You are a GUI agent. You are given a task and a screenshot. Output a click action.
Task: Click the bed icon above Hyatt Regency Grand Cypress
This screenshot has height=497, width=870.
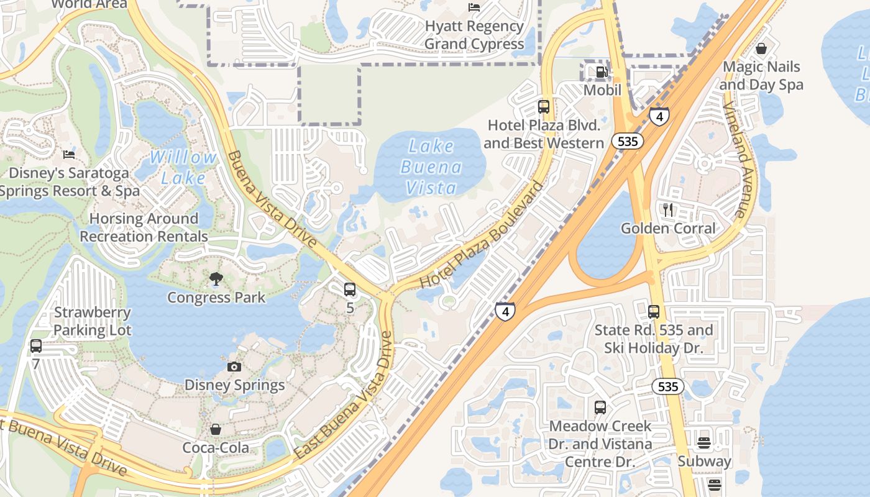tap(474, 7)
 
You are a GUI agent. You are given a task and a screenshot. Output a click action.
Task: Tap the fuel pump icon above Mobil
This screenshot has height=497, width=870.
tap(602, 72)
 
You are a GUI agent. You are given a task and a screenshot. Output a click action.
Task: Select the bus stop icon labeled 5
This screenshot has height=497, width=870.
tap(350, 289)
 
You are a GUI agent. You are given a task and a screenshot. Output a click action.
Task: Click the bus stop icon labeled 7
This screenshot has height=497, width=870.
tap(36, 346)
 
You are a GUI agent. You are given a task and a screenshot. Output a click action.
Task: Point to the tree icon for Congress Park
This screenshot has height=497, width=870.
tap(216, 279)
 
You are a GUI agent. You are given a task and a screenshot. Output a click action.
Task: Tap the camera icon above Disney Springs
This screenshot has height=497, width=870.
tap(234, 367)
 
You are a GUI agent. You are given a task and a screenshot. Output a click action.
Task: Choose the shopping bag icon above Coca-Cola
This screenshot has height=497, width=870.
tap(215, 429)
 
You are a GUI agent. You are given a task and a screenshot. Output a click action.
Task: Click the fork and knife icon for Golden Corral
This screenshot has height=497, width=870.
tap(668, 209)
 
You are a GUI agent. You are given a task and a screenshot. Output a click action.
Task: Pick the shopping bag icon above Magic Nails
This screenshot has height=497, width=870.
tap(761, 48)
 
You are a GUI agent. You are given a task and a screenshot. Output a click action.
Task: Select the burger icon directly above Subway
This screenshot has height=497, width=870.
tap(704, 442)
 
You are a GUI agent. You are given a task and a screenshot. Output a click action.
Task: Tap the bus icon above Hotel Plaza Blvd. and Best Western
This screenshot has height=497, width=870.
tap(544, 106)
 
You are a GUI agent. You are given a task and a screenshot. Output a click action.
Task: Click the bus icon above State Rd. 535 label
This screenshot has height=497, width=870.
tap(654, 312)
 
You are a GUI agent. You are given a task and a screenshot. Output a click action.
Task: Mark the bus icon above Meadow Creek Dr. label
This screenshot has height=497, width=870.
tap(600, 408)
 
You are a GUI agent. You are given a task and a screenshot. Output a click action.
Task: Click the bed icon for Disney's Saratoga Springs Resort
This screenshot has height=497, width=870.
tap(69, 155)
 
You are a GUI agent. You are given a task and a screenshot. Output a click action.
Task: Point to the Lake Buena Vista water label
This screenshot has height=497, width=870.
tap(431, 166)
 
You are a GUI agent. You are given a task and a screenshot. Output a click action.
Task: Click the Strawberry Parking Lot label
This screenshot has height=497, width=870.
tap(93, 321)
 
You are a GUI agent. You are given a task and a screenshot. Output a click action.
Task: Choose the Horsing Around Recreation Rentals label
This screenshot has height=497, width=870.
tap(144, 227)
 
